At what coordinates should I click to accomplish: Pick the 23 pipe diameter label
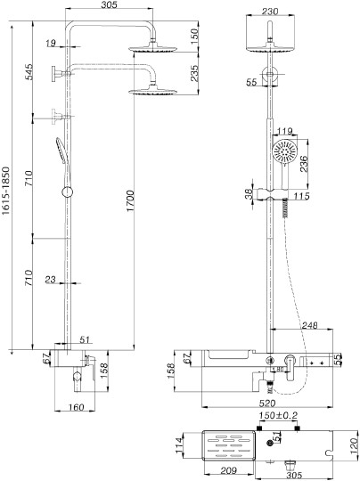click(x=50, y=280)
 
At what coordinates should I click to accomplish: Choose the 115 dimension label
click(x=302, y=196)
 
